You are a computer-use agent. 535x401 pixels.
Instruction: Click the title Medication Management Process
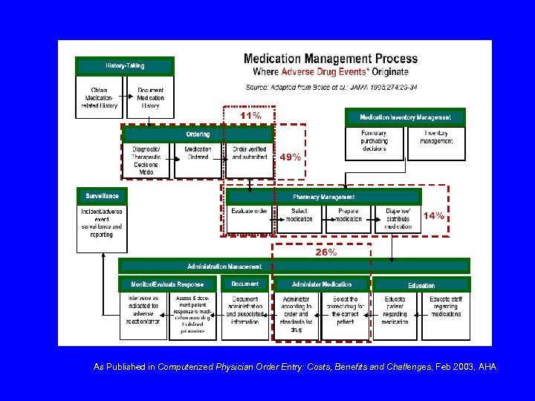click(331, 59)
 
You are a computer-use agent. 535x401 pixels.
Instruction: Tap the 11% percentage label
click(250, 116)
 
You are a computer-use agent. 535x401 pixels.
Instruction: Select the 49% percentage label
click(290, 157)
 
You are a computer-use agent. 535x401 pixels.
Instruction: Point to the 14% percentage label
click(434, 215)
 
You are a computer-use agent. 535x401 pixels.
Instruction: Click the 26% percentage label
click(325, 252)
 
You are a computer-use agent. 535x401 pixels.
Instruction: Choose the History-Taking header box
click(125, 65)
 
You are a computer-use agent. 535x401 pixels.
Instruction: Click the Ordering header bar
click(198, 134)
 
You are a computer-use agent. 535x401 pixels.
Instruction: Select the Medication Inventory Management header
click(405, 117)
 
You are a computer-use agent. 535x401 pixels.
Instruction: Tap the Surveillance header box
click(102, 196)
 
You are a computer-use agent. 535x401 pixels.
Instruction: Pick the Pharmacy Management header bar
click(323, 197)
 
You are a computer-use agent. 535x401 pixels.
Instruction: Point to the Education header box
click(421, 285)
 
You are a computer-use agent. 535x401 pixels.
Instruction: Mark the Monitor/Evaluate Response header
click(167, 284)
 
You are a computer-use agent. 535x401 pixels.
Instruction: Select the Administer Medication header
click(322, 284)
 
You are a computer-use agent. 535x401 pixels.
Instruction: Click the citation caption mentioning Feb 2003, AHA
click(295, 367)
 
